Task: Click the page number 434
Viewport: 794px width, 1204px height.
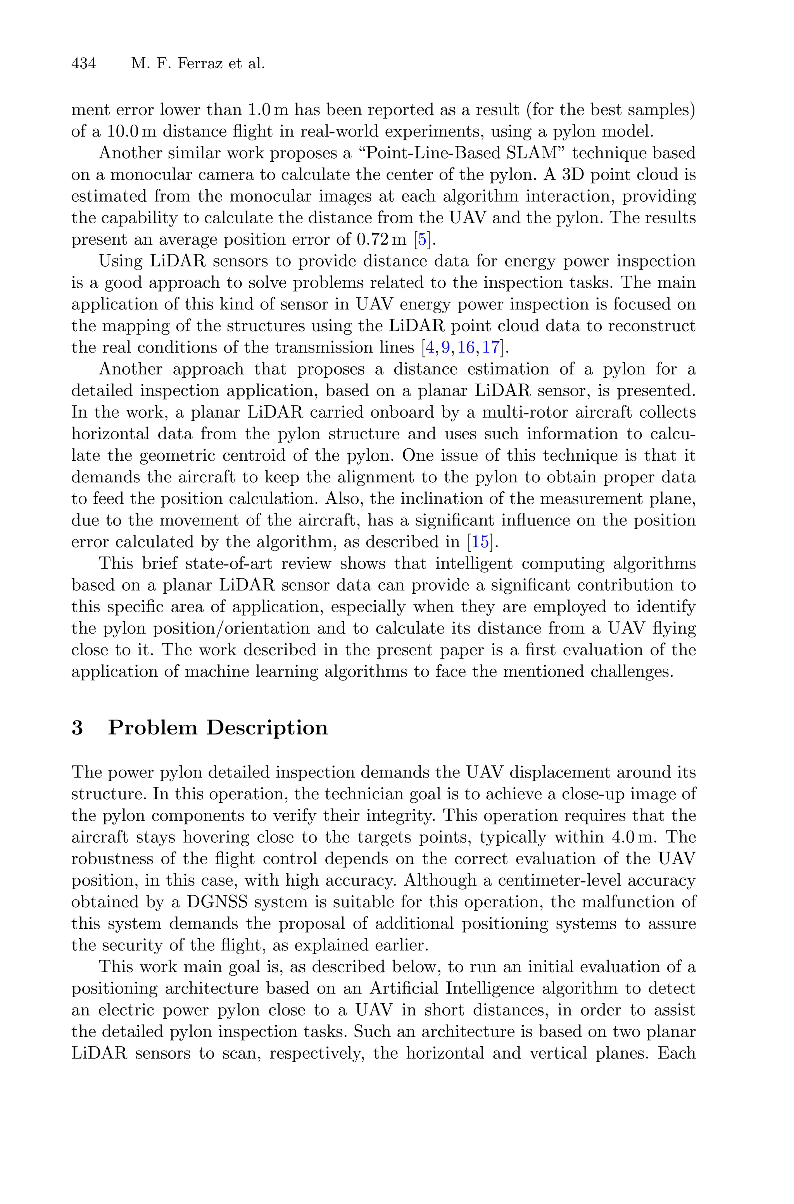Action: pos(84,64)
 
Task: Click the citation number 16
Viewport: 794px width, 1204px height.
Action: pos(466,348)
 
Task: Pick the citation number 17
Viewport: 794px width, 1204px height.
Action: pos(491,348)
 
